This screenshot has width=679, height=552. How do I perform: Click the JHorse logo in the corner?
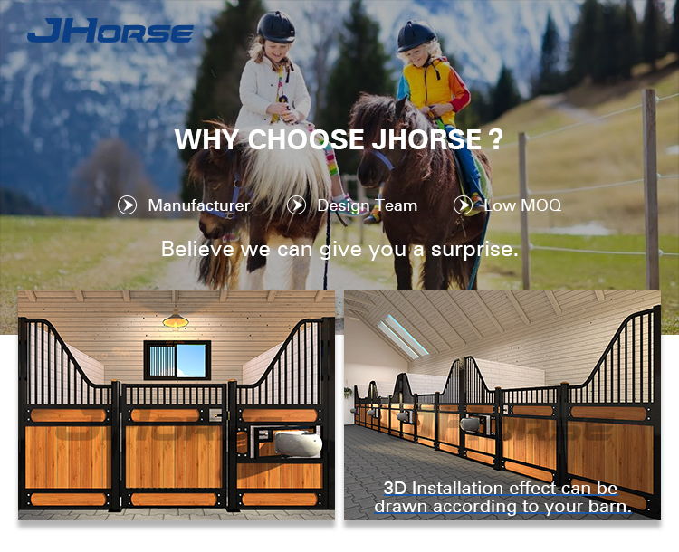(x=110, y=30)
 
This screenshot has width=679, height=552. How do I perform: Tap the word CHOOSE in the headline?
(x=306, y=139)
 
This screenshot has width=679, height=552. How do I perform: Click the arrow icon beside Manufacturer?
(x=127, y=205)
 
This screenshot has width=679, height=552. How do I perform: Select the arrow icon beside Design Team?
(x=296, y=205)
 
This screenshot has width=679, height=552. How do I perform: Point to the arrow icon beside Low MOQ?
(x=463, y=205)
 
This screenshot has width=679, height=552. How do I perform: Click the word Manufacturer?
(x=199, y=205)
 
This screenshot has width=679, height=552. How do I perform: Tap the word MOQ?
(x=542, y=205)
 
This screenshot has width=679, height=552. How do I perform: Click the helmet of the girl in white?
(x=276, y=27)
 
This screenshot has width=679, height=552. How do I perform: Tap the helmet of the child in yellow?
(x=416, y=36)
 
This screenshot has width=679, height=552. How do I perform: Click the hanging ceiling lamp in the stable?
(x=176, y=319)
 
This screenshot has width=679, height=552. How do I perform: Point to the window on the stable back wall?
(x=177, y=360)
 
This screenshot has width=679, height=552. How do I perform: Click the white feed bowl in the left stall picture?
(x=298, y=443)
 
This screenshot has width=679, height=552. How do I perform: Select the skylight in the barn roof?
(x=402, y=337)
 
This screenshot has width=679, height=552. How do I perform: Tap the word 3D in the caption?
(x=395, y=489)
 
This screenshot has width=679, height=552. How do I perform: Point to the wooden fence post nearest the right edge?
(x=651, y=189)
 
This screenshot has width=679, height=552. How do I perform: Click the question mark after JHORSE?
(x=495, y=139)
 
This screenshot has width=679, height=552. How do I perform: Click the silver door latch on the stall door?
(x=215, y=415)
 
